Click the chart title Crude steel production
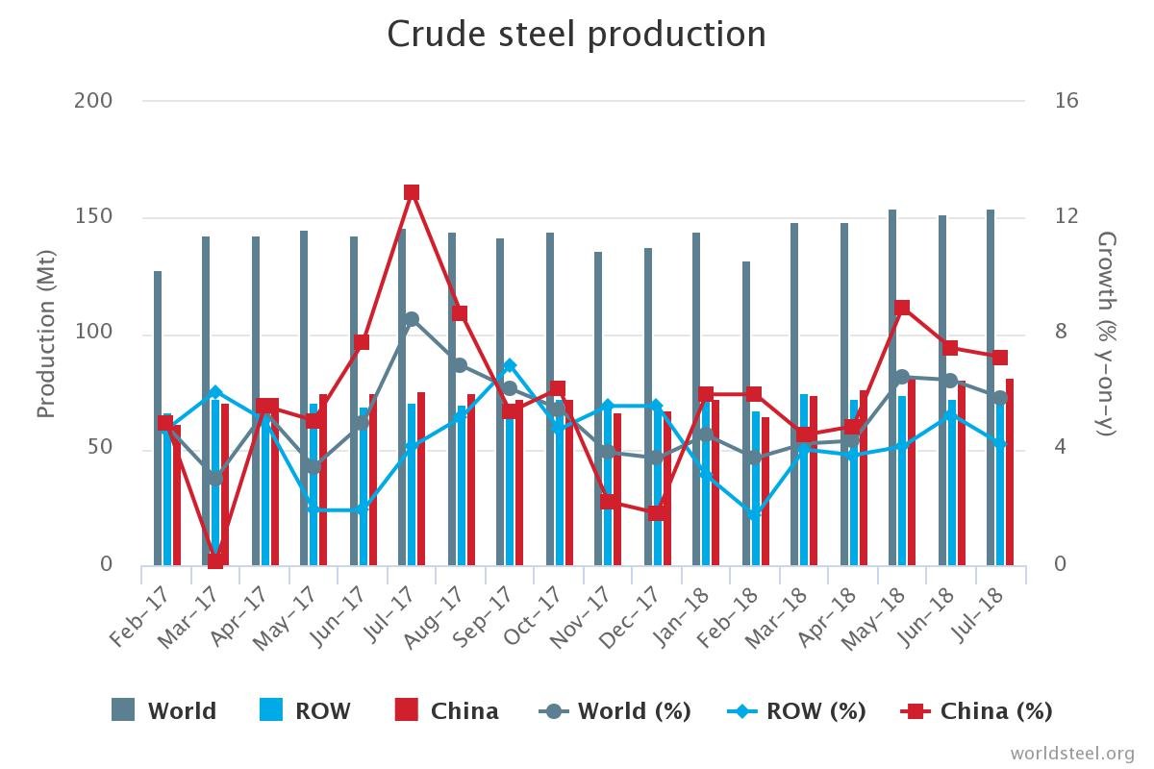coord(576,35)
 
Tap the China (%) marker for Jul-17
coord(412,192)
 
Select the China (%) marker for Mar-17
coord(215,560)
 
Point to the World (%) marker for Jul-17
coord(412,319)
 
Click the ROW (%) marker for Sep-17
coord(510,366)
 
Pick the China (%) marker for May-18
coord(902,308)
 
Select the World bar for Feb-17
coord(158,418)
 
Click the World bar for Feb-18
coord(746,413)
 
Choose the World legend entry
coord(164,711)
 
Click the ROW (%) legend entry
coord(797,711)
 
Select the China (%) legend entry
coord(977,711)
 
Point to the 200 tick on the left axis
coord(93,101)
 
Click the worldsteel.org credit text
coord(1072,753)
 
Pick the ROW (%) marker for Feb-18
coord(755,513)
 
